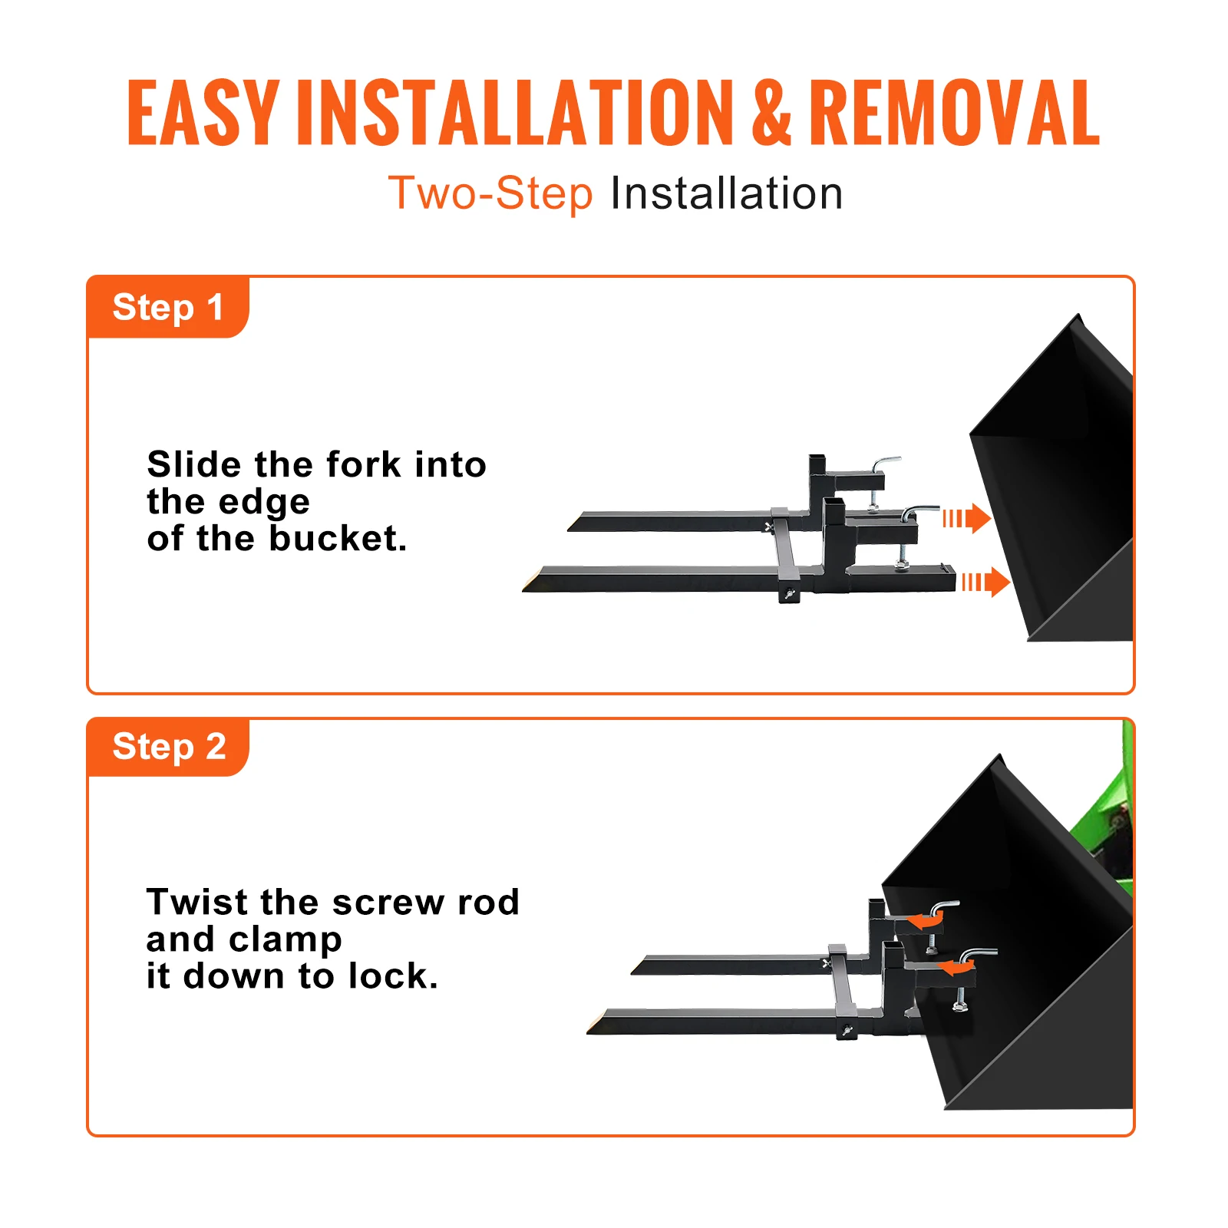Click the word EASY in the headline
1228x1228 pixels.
pyautogui.click(x=203, y=113)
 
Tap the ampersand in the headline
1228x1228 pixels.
pyautogui.click(x=771, y=113)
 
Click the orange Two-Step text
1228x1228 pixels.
pyautogui.click(x=490, y=193)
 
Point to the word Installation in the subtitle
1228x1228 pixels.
pyautogui.click(x=726, y=193)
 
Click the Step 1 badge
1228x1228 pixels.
pyautogui.click(x=168, y=308)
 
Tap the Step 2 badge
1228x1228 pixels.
pyautogui.click(x=169, y=747)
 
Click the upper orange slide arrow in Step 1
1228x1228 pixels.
pyautogui.click(x=967, y=519)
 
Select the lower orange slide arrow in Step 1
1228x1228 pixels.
pyautogui.click(x=986, y=583)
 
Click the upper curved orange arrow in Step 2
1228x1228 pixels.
pyautogui.click(x=924, y=920)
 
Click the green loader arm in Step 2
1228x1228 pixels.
pyautogui.click(x=1105, y=829)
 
